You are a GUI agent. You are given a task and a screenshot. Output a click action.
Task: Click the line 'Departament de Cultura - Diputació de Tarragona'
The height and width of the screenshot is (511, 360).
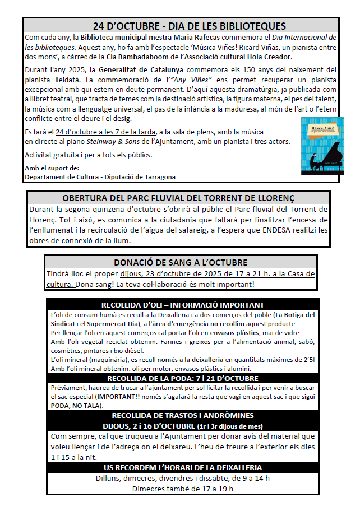(x=100, y=177)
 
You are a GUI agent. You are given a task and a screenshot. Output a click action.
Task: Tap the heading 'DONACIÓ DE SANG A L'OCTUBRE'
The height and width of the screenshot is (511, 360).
(x=180, y=262)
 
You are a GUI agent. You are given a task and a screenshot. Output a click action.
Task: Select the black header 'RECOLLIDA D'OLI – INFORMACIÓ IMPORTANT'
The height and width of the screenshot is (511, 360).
(x=182, y=305)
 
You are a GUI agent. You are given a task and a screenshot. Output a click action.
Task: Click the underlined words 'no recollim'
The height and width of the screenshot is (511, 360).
(x=227, y=324)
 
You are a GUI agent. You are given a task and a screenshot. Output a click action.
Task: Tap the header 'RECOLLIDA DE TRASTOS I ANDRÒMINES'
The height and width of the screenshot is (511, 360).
(x=182, y=415)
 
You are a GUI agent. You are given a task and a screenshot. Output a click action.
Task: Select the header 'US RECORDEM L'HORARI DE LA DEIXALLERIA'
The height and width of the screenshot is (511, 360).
(x=182, y=467)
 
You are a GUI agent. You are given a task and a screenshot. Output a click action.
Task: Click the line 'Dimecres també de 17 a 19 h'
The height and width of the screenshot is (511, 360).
(x=182, y=489)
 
